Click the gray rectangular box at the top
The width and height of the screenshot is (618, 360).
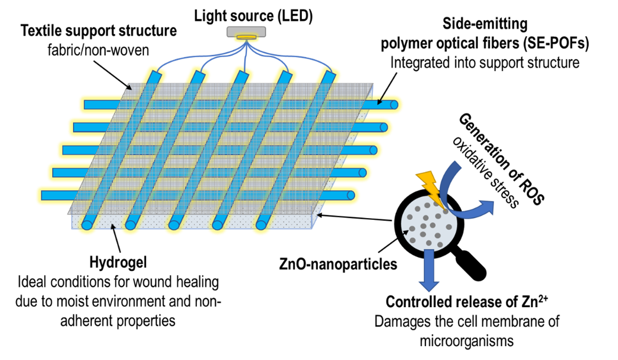pos(246,31)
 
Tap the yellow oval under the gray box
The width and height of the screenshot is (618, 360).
pos(246,38)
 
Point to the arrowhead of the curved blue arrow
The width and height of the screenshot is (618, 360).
pos(487,208)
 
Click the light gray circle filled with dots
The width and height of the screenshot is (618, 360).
pos(428,223)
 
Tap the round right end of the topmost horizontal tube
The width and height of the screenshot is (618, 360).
pos(394,105)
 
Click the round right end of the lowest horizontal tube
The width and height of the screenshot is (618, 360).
pos(351,195)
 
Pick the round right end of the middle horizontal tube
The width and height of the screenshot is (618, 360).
pos(373,150)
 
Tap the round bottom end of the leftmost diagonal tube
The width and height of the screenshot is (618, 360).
pos(87,225)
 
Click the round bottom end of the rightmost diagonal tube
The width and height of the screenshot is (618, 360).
pos(261,225)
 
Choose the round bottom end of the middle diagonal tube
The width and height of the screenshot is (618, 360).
pos(174,225)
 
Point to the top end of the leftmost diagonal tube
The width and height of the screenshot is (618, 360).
pos(156,75)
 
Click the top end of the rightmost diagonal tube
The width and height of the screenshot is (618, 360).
pos(329,75)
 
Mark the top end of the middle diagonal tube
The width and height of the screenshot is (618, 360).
pos(242,75)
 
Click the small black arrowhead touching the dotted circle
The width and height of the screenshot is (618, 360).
pos(406,233)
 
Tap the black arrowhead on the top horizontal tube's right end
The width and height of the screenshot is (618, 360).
pos(379,102)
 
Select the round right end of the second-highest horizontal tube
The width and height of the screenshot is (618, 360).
pos(383,128)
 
